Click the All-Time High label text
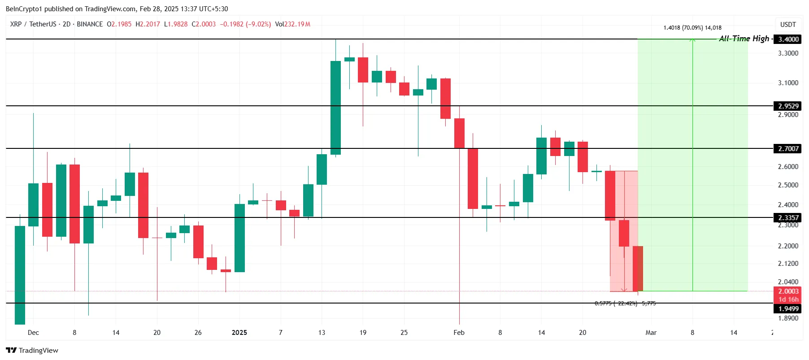pyautogui.click(x=744, y=39)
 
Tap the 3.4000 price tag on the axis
pyautogui.click(x=788, y=39)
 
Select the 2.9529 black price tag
pyautogui.click(x=788, y=106)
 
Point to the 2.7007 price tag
pyautogui.click(x=788, y=148)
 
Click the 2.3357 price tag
pyautogui.click(x=788, y=217)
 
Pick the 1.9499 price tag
pyautogui.click(x=788, y=308)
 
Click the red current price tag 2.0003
pyautogui.click(x=788, y=291)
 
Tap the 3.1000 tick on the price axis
pyautogui.click(x=788, y=83)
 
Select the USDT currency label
pyautogui.click(x=788, y=25)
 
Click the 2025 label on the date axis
pyautogui.click(x=239, y=333)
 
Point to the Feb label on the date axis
pyautogui.click(x=459, y=333)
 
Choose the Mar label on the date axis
pyautogui.click(x=651, y=333)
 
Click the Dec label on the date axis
pyautogui.click(x=33, y=333)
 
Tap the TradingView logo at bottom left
pyautogui.click(x=32, y=350)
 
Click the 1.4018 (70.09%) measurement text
pyautogui.click(x=692, y=28)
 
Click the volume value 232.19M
pyautogui.click(x=297, y=24)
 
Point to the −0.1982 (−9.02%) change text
pyautogui.click(x=245, y=24)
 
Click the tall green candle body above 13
pyautogui.click(x=335, y=108)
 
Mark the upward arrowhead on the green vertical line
pyautogui.click(x=692, y=40)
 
